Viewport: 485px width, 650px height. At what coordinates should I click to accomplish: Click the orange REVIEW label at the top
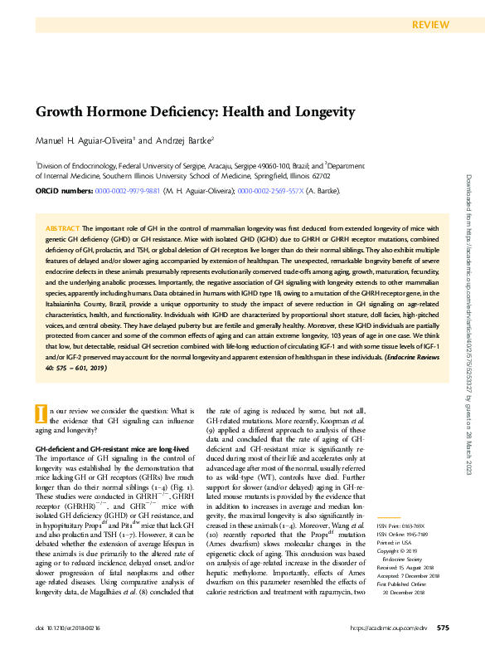point(431,24)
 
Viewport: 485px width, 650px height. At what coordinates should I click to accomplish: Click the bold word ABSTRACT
point(62,227)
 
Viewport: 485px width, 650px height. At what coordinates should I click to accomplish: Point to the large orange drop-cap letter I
point(39,390)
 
